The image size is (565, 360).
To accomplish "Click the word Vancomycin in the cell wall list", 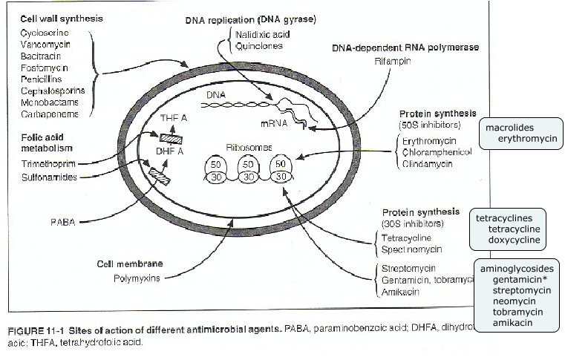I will (x=45, y=45).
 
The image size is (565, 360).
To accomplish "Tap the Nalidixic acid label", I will (x=263, y=34).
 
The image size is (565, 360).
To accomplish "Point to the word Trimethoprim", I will (x=44, y=163).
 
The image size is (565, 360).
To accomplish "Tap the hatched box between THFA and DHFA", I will (x=170, y=137).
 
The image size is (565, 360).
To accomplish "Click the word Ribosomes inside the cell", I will (x=248, y=147).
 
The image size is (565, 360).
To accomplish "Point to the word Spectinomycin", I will (x=412, y=250).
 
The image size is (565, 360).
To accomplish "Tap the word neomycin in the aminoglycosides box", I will (x=513, y=301).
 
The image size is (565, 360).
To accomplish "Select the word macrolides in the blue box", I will (x=509, y=128).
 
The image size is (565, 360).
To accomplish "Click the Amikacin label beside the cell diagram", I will (x=400, y=292).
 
